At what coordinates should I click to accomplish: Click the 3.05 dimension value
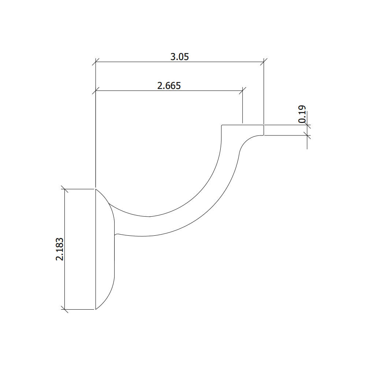(179, 57)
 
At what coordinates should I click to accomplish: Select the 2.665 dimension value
(169, 86)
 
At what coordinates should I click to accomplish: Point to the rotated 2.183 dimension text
(60, 249)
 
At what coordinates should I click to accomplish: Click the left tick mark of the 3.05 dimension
(96, 62)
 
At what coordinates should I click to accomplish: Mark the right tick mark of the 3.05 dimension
(264, 62)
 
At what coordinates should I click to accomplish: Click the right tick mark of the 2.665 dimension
(243, 91)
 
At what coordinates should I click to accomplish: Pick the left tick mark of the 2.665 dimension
(96, 91)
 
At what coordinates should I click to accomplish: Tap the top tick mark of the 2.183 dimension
(65, 189)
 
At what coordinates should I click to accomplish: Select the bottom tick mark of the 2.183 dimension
(65, 309)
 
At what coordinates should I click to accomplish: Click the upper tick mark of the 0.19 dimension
(307, 125)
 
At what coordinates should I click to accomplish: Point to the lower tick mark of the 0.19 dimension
(307, 135)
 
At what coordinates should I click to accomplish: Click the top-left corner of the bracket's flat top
(221, 126)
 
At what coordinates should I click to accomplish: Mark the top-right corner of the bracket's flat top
(264, 125)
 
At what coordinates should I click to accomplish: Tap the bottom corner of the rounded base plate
(96, 309)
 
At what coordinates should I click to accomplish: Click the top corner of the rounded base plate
(96, 189)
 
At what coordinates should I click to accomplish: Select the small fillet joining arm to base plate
(116, 234)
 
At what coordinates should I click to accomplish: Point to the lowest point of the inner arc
(150, 216)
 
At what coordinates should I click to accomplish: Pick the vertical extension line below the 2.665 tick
(243, 108)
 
